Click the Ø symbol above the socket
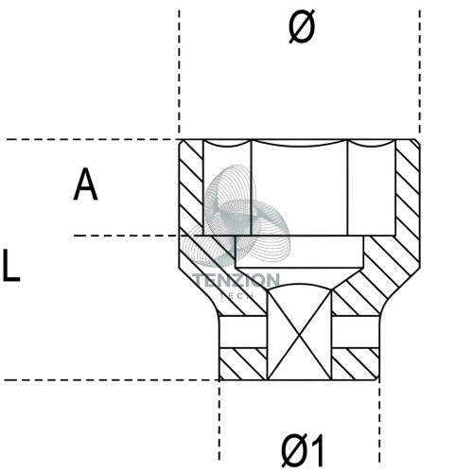[302, 26]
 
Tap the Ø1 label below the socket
[302, 450]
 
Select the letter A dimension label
[85, 184]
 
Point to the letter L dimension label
[11, 265]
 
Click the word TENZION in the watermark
[236, 280]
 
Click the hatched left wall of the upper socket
[191, 188]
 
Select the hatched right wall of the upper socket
[408, 188]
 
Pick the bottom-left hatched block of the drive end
[243, 364]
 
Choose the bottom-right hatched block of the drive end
[355, 364]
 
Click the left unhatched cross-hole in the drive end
[243, 331]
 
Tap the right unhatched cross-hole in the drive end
[355, 331]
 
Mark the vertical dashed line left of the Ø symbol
[179, 72]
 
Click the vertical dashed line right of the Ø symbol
[419, 72]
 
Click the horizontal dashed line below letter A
[126, 236]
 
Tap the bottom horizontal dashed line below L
[112, 380]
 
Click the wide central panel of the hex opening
[299, 188]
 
